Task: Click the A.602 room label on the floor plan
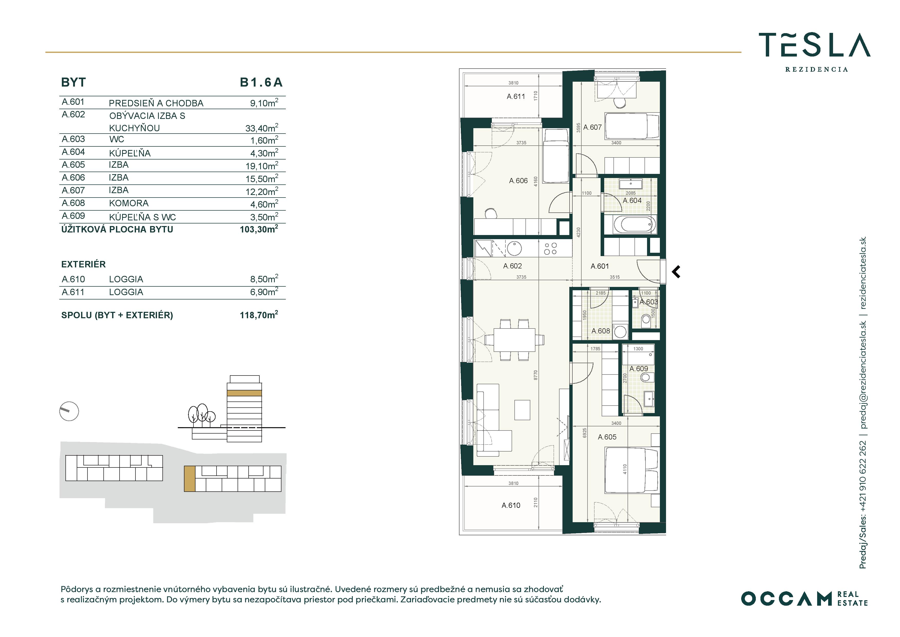pos(512,266)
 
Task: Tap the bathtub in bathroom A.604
pos(630,224)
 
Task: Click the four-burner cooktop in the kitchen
pos(550,248)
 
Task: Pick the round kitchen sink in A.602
pos(514,248)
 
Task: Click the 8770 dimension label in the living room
pos(535,375)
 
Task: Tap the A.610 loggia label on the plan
pos(511,505)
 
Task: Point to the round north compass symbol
pos(69,411)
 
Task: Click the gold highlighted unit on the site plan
pos(190,479)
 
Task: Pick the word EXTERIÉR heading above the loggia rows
pos(83,264)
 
